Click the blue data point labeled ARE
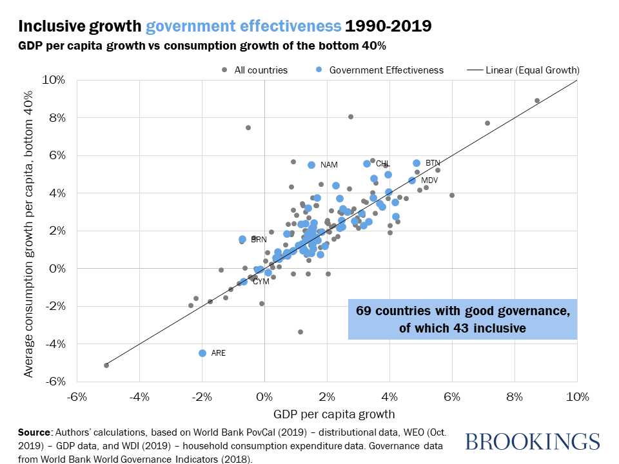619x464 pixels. tap(202, 353)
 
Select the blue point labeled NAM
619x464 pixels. tap(311, 165)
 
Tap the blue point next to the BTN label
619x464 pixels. tap(417, 163)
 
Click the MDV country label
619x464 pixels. tap(429, 180)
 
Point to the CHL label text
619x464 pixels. tap(383, 164)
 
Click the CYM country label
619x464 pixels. tap(260, 282)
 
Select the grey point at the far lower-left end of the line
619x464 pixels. tap(106, 365)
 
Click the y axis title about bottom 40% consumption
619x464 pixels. tap(28, 231)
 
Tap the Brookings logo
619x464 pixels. tap(532, 441)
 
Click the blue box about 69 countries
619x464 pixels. tap(462, 319)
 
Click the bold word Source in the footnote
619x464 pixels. tap(35, 431)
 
